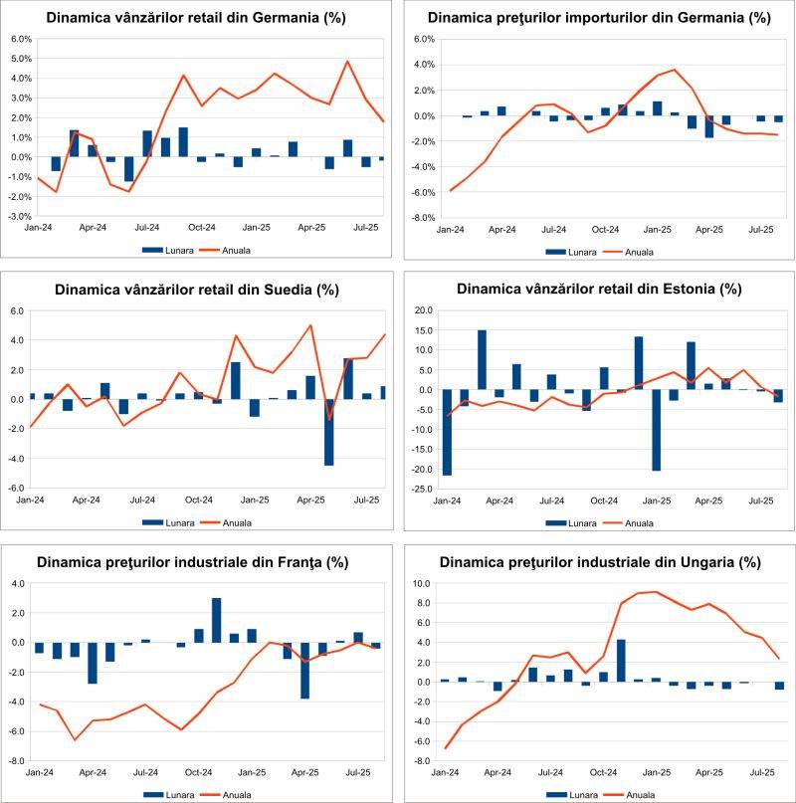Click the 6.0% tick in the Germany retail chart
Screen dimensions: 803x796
coord(21,39)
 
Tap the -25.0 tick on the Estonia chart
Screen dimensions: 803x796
coord(422,490)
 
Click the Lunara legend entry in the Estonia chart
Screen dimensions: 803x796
coord(574,522)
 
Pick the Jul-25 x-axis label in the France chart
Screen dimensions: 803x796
coord(359,773)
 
